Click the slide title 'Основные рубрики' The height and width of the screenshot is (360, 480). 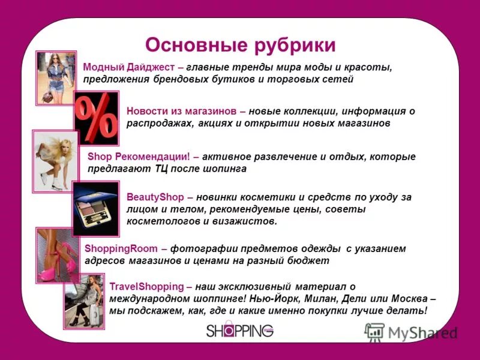click(240, 46)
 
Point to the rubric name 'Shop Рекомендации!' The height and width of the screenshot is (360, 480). click(139, 156)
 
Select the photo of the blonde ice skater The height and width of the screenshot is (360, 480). click(55, 161)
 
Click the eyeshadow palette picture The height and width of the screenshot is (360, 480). click(95, 208)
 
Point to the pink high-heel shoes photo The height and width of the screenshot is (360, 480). click(58, 255)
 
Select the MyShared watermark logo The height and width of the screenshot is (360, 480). click(410, 332)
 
